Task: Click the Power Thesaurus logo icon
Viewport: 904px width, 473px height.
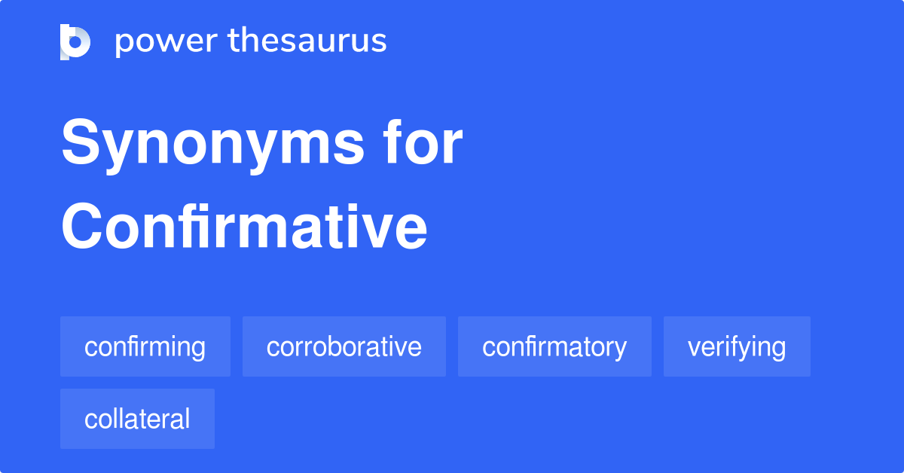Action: [75, 41]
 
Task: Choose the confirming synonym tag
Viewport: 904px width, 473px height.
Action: [145, 346]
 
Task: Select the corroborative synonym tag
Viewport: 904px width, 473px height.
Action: [344, 346]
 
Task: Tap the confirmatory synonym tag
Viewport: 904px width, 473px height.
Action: [554, 346]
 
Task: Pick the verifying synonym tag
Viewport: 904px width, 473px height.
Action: [737, 346]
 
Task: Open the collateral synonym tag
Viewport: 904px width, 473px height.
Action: [137, 419]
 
